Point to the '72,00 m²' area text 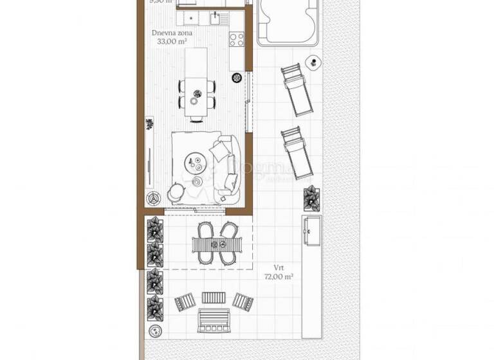pos(279,276)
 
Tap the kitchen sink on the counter pos(215,16)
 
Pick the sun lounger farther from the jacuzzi pos(297,150)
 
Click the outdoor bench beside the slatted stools pos(215,319)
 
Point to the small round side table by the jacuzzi pos(313,62)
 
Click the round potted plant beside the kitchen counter pos(236,78)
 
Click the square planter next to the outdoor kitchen pos(311,197)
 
